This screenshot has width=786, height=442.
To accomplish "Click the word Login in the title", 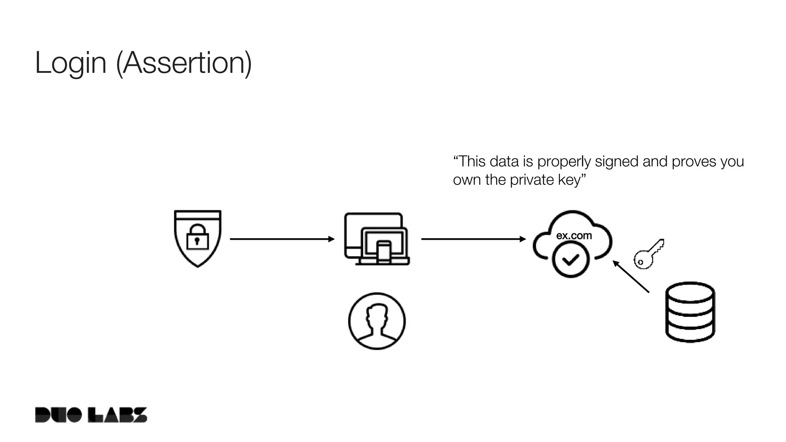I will pyautogui.click(x=70, y=63).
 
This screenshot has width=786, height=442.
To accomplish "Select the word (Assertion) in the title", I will pyautogui.click(x=184, y=63).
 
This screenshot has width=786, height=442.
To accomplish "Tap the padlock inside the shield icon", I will pyautogui.click(x=197, y=237).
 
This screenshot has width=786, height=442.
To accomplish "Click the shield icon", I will pyautogui.click(x=198, y=253).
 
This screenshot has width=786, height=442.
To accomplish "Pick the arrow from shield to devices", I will pyautogui.click(x=282, y=239).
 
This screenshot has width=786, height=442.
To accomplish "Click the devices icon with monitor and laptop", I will pyautogui.click(x=376, y=238).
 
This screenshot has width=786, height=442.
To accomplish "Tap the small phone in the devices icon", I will pyautogui.click(x=383, y=252).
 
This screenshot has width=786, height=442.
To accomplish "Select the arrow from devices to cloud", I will pyautogui.click(x=473, y=239).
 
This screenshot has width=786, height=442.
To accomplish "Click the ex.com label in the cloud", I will pyautogui.click(x=574, y=236).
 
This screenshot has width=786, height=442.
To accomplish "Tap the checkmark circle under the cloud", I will pyautogui.click(x=571, y=260).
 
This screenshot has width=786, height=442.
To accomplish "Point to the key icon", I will pyautogui.click(x=649, y=254).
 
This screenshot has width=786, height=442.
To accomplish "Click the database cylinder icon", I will pyautogui.click(x=690, y=312).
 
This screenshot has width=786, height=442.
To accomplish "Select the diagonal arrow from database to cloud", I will pyautogui.click(x=631, y=277).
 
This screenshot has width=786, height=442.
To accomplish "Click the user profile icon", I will pyautogui.click(x=376, y=321).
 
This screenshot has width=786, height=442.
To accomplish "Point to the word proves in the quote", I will pyautogui.click(x=694, y=162).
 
